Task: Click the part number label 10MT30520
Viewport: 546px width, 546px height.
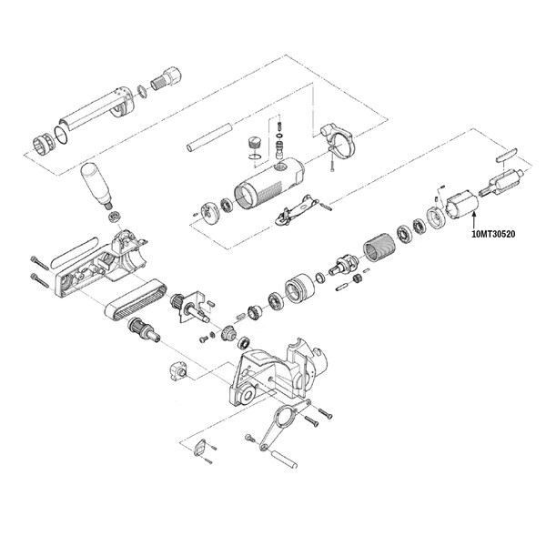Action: pyautogui.click(x=493, y=234)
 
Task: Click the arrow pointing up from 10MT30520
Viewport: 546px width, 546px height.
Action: pyautogui.click(x=474, y=220)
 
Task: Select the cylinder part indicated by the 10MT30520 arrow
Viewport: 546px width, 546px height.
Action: pyautogui.click(x=462, y=205)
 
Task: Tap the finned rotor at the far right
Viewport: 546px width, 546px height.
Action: pyautogui.click(x=502, y=181)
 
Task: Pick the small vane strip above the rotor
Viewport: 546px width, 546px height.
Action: pyautogui.click(x=507, y=154)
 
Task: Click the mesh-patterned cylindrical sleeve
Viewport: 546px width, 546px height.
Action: pyautogui.click(x=379, y=248)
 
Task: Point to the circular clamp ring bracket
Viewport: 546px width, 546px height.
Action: pyautogui.click(x=339, y=139)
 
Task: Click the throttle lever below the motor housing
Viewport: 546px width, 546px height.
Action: pyautogui.click(x=297, y=210)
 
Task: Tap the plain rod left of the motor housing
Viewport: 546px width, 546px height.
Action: pyautogui.click(x=209, y=136)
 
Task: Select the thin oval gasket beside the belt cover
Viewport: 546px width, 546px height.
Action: pyautogui.click(x=75, y=252)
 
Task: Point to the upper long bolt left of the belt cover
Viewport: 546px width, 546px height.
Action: pyautogui.click(x=40, y=263)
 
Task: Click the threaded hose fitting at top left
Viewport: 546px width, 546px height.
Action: pyautogui.click(x=167, y=80)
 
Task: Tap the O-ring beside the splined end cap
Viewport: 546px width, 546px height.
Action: pyautogui.click(x=63, y=135)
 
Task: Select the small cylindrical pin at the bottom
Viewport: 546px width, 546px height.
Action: pyautogui.click(x=285, y=460)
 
